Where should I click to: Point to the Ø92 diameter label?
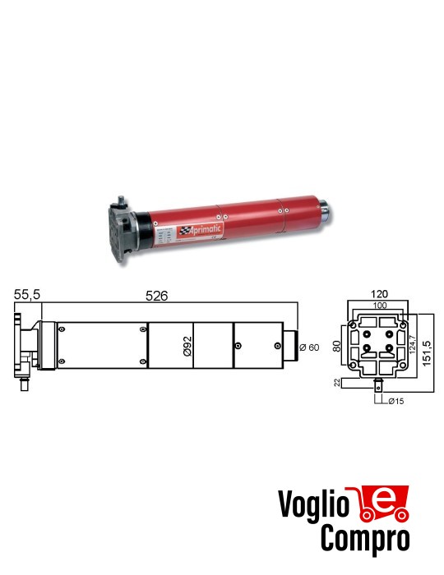(x=187, y=346)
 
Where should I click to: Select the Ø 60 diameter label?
(x=309, y=346)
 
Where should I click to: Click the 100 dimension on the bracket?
(x=379, y=306)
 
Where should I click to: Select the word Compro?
(x=366, y=539)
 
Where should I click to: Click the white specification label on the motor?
(x=162, y=236)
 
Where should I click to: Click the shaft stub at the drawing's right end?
(x=291, y=345)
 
